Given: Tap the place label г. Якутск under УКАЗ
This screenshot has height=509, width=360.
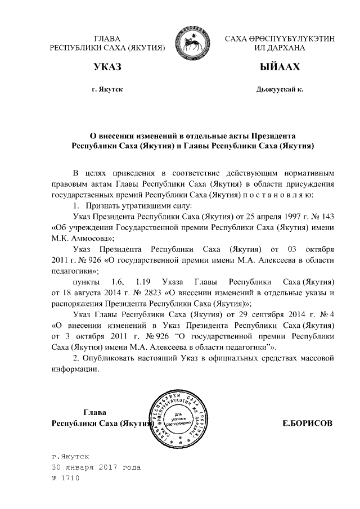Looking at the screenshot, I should coord(106,90).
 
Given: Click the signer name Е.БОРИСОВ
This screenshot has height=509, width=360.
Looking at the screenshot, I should coord(307,422).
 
